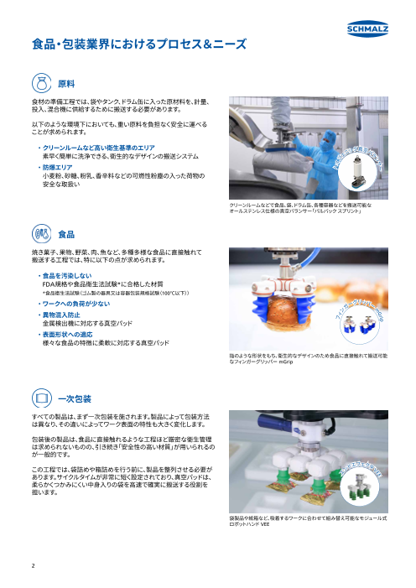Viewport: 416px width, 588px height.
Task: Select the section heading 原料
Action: tap(66, 82)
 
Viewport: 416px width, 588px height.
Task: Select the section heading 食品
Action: tap(66, 209)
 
